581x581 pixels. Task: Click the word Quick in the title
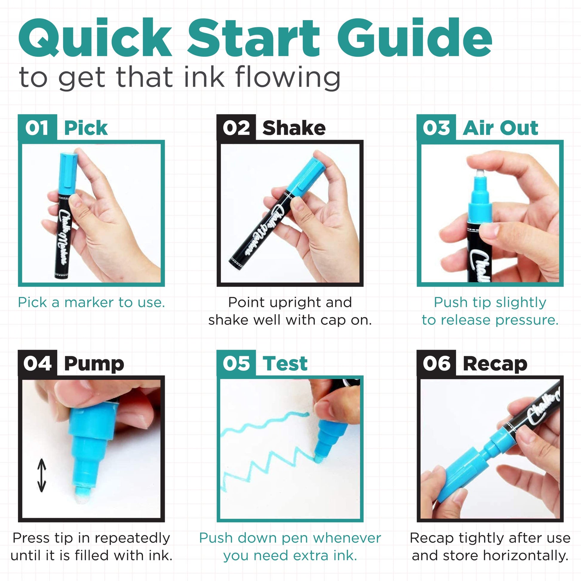point(95,38)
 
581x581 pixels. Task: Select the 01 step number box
point(37,127)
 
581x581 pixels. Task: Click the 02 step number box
point(236,127)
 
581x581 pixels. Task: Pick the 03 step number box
point(436,127)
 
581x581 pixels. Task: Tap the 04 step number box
point(37,363)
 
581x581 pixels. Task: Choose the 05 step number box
point(236,363)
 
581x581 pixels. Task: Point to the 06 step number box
point(436,363)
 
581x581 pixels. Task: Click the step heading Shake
point(294,128)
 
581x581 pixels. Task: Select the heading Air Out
point(500,128)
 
